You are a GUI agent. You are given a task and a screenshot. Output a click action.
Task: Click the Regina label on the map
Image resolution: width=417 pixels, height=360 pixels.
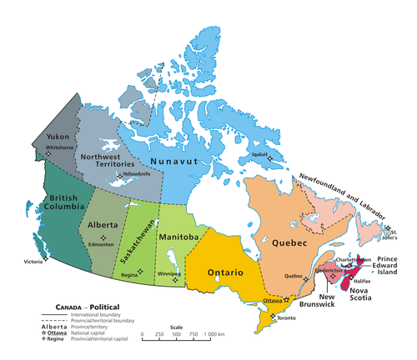(130, 273)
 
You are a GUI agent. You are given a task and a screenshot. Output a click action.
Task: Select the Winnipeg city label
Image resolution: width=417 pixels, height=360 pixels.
(169, 272)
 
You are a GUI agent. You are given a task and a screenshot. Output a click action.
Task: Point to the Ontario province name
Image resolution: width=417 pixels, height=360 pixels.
(226, 273)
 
